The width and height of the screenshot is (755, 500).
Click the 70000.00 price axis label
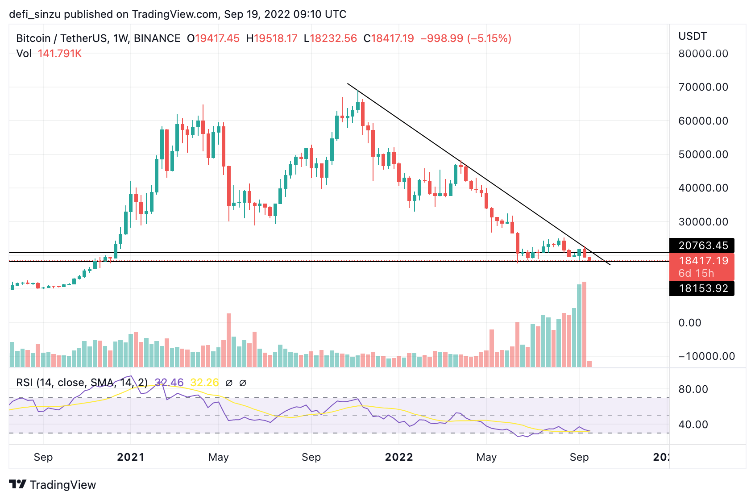[703, 87]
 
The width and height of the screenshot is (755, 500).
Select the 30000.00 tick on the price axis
[703, 222]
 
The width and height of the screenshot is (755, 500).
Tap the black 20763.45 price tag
[702, 246]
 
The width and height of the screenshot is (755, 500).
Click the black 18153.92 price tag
[702, 288]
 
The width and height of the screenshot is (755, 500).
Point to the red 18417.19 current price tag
[702, 261]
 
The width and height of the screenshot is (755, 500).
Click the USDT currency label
[693, 36]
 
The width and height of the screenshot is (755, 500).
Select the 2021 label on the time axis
[130, 457]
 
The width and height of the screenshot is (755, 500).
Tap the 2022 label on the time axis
[398, 457]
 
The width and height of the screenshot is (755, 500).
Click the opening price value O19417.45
[213, 38]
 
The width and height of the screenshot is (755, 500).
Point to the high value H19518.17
[272, 38]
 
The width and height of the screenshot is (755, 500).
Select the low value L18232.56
[330, 38]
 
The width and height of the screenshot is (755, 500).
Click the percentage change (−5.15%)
[489, 38]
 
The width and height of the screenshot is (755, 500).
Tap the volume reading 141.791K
[60, 54]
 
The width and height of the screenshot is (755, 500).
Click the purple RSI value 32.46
[169, 383]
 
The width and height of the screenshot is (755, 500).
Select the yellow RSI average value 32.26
[204, 383]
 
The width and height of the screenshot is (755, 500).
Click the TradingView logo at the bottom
[52, 485]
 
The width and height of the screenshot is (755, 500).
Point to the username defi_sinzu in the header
[34, 14]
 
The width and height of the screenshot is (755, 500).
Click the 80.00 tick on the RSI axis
[693, 389]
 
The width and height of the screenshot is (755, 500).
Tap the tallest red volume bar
[584, 324]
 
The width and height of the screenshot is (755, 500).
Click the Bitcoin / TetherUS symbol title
[62, 38]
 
